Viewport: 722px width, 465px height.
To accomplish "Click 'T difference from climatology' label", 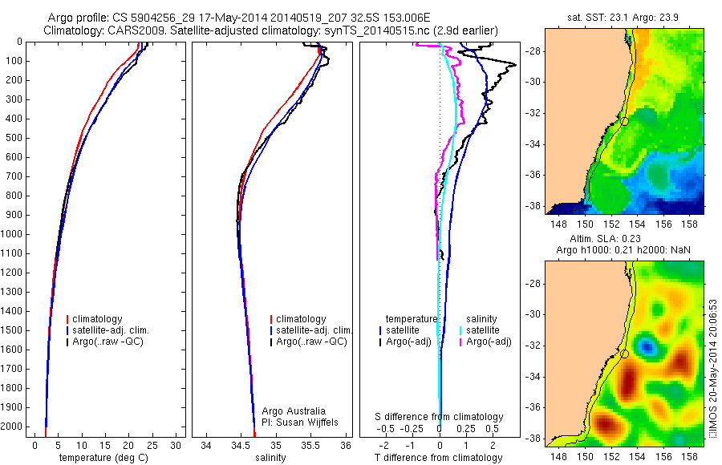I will [x=439, y=458].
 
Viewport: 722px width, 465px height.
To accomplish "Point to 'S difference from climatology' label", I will [x=439, y=417].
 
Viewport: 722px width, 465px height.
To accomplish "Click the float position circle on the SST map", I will [x=625, y=121].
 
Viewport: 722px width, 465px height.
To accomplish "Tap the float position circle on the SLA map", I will [x=625, y=354].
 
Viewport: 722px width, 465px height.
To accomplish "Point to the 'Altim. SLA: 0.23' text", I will [x=624, y=240].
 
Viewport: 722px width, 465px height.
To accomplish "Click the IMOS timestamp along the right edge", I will [x=712, y=368].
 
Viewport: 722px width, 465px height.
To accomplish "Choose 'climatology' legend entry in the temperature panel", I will [x=99, y=319].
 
